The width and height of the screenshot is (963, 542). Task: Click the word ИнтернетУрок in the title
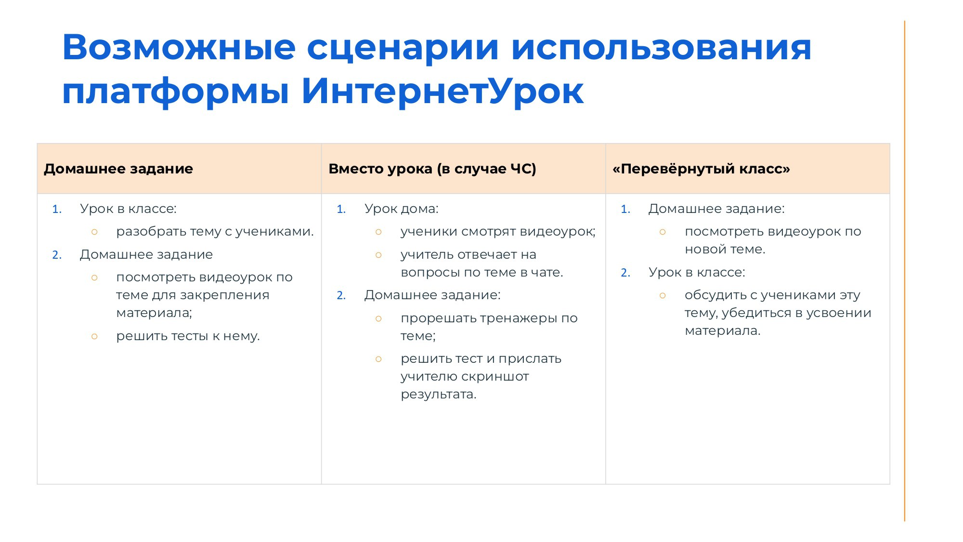click(442, 91)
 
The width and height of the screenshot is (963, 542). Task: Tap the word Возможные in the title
click(179, 47)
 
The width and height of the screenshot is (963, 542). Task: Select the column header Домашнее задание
click(118, 169)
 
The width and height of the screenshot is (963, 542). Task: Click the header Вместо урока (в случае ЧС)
click(432, 169)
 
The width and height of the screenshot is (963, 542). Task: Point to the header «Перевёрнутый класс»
click(701, 169)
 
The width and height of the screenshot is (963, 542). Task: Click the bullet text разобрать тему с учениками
click(215, 232)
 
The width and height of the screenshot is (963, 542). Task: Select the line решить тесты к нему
click(188, 336)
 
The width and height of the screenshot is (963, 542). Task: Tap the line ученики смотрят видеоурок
click(498, 232)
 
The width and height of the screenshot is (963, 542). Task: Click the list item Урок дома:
click(401, 209)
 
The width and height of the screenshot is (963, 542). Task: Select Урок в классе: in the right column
click(697, 272)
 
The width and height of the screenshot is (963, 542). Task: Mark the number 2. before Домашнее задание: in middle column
click(341, 295)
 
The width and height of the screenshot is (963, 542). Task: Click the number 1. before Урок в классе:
click(57, 209)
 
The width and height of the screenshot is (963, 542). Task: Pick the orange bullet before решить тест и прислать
click(378, 359)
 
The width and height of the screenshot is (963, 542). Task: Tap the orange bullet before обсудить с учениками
click(663, 295)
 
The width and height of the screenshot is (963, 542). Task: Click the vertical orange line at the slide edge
click(905, 271)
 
